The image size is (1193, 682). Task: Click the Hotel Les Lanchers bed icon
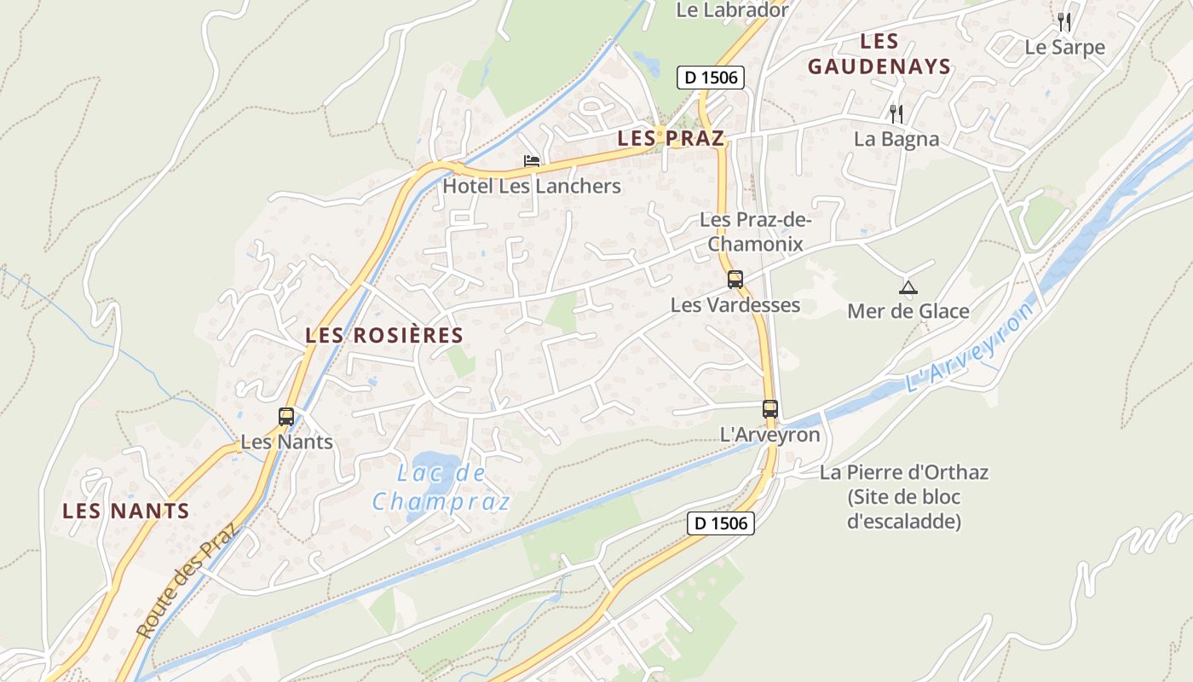(x=532, y=160)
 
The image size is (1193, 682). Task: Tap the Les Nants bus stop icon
(x=286, y=417)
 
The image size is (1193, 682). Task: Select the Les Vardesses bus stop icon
(x=735, y=279)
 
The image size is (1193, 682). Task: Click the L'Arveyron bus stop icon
(x=770, y=408)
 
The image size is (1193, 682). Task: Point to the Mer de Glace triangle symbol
(x=908, y=287)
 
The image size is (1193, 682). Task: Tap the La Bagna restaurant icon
(x=896, y=113)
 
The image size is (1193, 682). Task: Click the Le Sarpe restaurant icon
(x=1064, y=22)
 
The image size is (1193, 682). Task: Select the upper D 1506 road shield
(x=711, y=78)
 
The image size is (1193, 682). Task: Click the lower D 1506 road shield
(x=721, y=523)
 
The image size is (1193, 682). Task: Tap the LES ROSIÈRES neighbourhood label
(x=384, y=335)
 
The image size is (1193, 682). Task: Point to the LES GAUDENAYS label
(x=879, y=54)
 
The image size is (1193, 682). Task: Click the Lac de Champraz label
(x=441, y=487)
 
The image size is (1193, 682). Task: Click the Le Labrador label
(x=733, y=10)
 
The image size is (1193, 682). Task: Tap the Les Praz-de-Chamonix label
(x=756, y=231)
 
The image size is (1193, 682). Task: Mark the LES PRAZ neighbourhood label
(x=671, y=138)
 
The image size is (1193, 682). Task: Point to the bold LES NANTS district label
(x=125, y=511)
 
